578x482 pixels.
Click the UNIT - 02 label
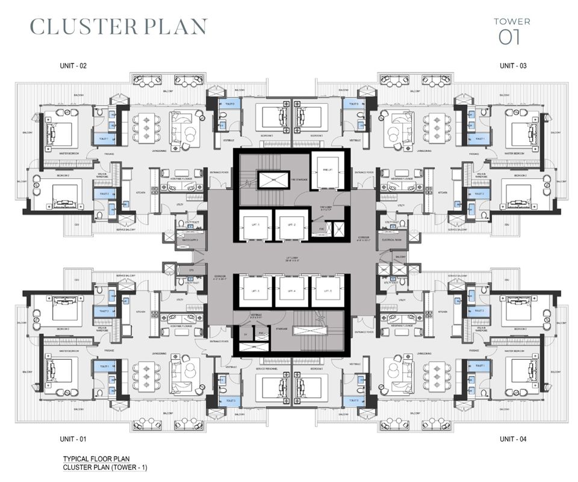[73, 65]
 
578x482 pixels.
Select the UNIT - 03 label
[514, 65]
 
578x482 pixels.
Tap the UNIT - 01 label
[73, 439]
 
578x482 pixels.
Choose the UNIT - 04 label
[514, 439]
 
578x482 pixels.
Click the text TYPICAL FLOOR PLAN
[96, 459]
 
